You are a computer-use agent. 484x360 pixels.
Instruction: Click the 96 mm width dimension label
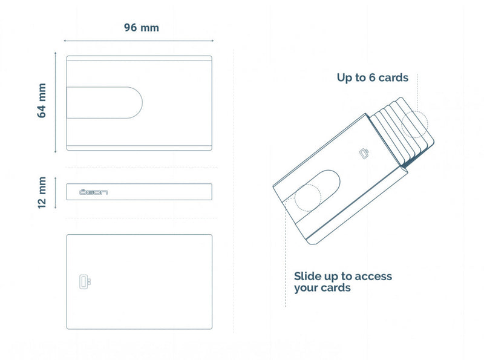pyautogui.click(x=142, y=28)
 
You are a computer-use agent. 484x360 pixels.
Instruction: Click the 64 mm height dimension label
pyautogui.click(x=42, y=100)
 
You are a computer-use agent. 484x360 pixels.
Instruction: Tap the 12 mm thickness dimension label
pyautogui.click(x=42, y=192)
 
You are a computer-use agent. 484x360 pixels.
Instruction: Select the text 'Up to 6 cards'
pyautogui.click(x=372, y=77)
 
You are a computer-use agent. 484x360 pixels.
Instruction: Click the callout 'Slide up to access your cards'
pyautogui.click(x=342, y=282)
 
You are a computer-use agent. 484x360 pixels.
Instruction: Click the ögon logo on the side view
pyautogui.click(x=94, y=192)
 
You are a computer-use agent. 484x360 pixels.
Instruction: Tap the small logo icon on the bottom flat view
pyautogui.click(x=83, y=281)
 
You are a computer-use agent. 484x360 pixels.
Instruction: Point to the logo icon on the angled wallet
pyautogui.click(x=364, y=154)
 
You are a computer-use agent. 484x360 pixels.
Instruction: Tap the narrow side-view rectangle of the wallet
pyautogui.click(x=139, y=192)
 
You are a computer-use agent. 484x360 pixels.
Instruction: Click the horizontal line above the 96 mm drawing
pyautogui.click(x=139, y=41)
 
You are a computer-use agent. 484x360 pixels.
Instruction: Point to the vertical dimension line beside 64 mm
pyautogui.click(x=56, y=103)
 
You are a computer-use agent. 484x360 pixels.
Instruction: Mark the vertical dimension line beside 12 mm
pyautogui.click(x=56, y=192)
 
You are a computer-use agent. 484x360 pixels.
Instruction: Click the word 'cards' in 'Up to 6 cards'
pyautogui.click(x=392, y=77)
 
